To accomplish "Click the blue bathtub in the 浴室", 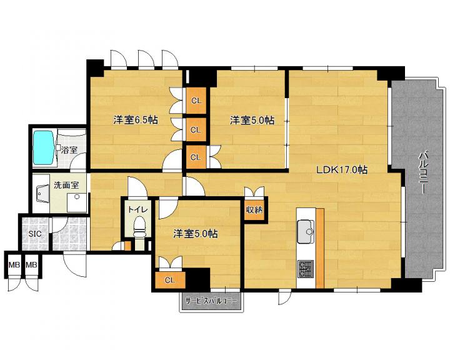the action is click(x=44, y=148).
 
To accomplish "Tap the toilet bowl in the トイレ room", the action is click(x=140, y=226).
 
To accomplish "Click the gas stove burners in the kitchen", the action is click(x=306, y=269).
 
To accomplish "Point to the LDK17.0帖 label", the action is click(x=342, y=170).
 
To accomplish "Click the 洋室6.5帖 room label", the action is click(x=136, y=120).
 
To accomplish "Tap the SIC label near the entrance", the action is click(x=34, y=234).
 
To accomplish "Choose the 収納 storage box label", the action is click(x=254, y=210).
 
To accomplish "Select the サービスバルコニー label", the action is click(x=211, y=301).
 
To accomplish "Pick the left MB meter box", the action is click(x=14, y=265).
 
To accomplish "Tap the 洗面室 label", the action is click(x=66, y=185).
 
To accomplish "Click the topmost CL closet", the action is click(x=196, y=101).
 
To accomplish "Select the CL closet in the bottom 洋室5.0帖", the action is click(x=170, y=280).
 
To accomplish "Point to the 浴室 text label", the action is click(x=69, y=149).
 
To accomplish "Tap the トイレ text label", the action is click(x=137, y=209).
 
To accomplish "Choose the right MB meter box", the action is click(x=32, y=265).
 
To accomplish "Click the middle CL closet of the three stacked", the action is click(x=196, y=130).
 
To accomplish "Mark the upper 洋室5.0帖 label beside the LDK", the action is click(x=252, y=120).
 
